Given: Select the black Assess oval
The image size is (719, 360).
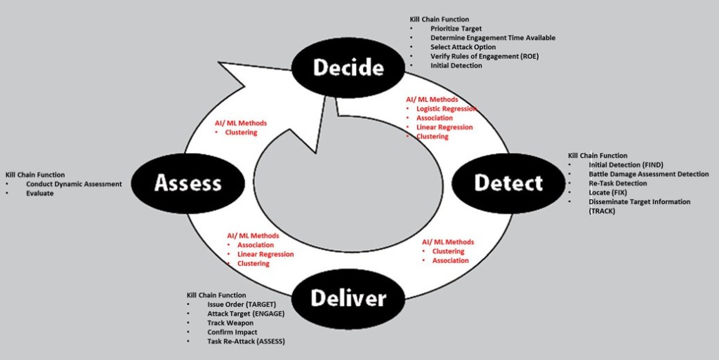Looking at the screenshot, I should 187,183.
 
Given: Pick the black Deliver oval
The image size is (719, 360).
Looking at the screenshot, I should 348,298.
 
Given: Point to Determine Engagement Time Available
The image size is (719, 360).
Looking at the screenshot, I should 493,38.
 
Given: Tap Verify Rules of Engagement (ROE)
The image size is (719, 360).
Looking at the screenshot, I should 489,56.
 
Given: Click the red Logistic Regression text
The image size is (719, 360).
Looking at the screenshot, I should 447,109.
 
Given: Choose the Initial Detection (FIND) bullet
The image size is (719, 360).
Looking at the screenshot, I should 626,165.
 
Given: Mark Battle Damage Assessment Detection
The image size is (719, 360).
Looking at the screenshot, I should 648,174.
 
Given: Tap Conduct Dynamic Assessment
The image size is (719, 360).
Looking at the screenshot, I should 74,184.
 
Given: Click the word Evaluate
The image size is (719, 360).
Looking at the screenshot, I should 39,193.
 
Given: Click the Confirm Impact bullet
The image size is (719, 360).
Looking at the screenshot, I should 232,332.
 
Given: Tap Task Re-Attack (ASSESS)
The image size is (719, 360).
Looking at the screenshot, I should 246,341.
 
